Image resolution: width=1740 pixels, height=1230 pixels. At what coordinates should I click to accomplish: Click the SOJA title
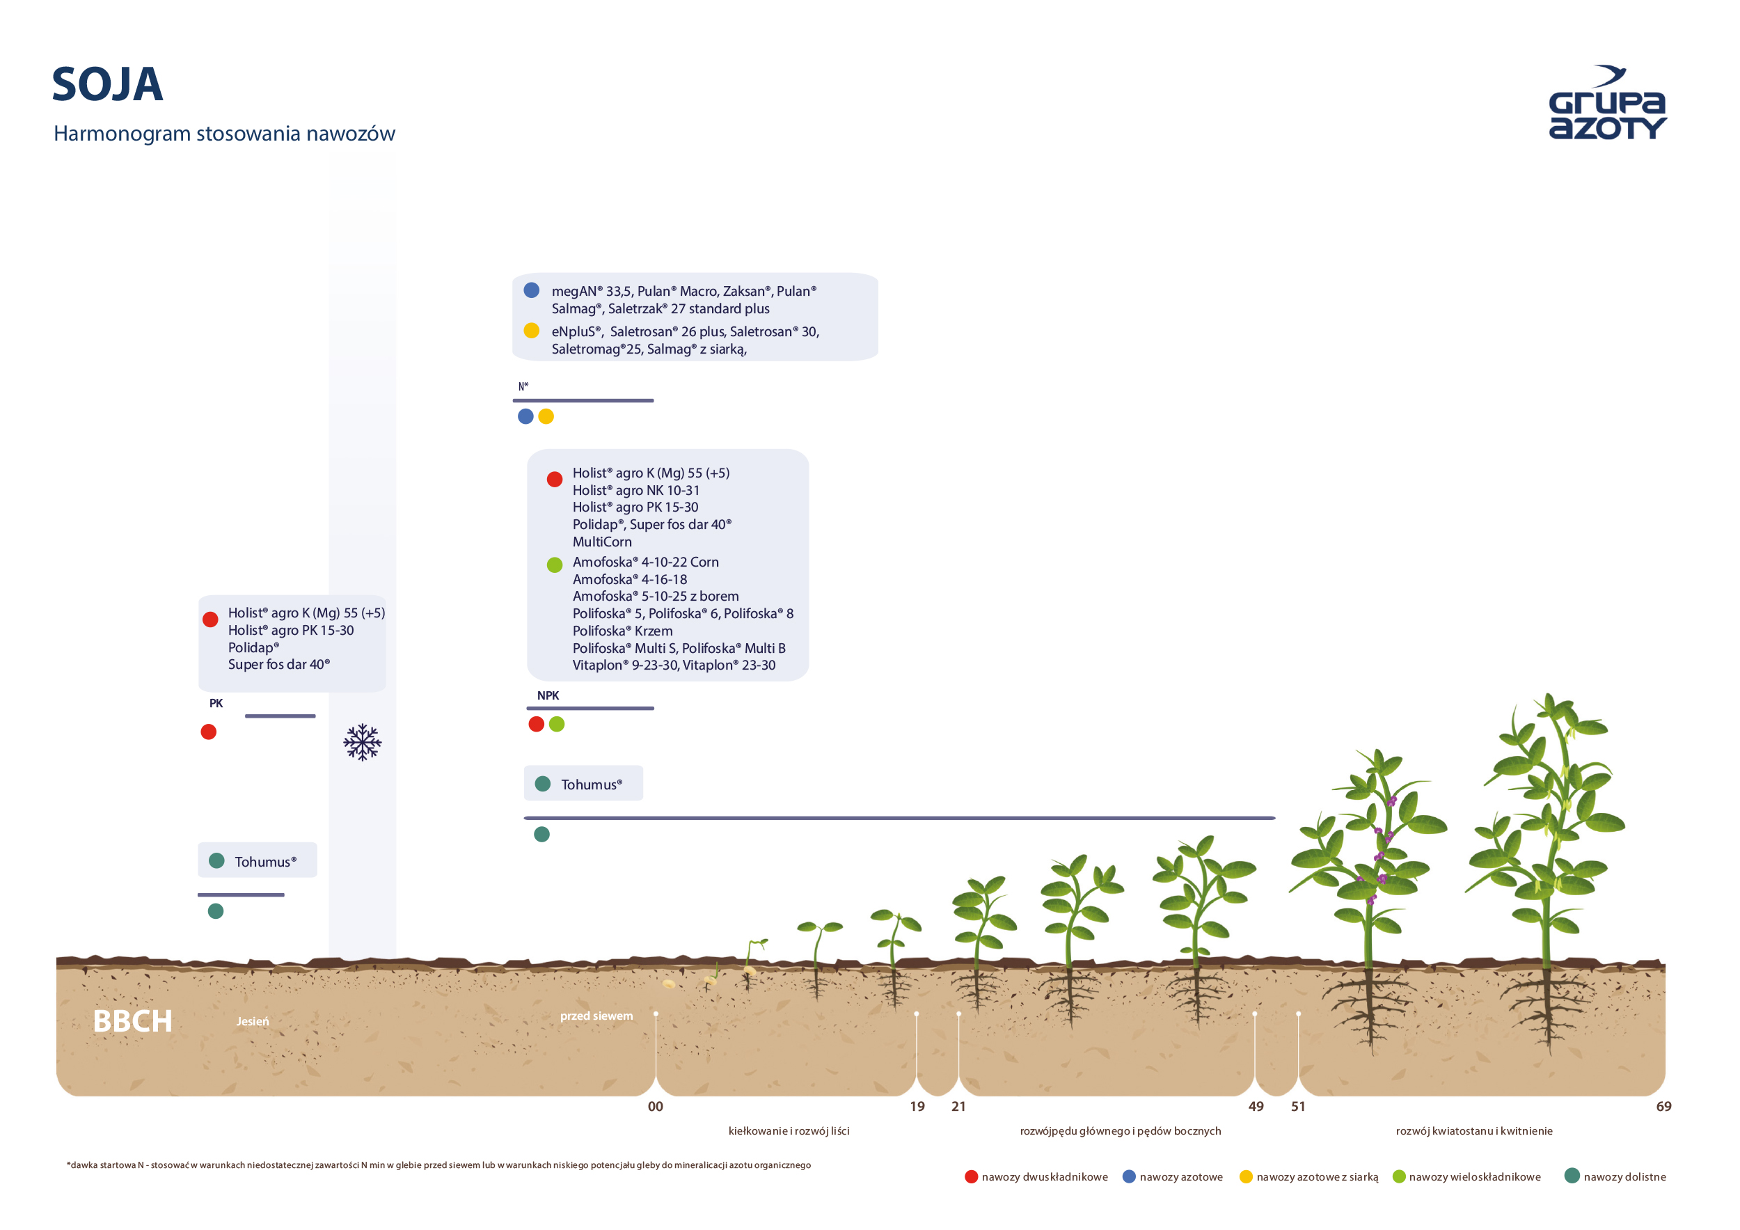[x=108, y=84]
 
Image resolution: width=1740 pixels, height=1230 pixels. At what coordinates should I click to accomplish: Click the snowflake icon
[x=362, y=742]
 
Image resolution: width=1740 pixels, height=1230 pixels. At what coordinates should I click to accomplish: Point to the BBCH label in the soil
[x=133, y=1021]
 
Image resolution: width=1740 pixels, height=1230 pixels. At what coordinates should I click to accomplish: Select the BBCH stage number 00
[x=656, y=1107]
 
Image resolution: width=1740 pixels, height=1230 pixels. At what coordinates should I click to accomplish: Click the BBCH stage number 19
[x=917, y=1107]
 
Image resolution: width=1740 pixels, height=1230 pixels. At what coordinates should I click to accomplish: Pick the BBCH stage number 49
[x=1256, y=1107]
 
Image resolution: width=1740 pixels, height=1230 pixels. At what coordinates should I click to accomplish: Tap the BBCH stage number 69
[x=1663, y=1107]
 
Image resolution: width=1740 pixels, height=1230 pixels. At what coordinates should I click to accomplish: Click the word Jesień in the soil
[x=253, y=1022]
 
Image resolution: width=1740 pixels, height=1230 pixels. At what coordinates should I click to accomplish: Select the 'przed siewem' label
[x=596, y=1016]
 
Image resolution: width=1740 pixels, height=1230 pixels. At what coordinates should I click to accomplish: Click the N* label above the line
[x=523, y=386]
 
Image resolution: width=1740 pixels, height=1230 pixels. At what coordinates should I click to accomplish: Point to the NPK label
[x=548, y=695]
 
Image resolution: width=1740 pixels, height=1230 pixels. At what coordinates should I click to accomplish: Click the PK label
[x=216, y=703]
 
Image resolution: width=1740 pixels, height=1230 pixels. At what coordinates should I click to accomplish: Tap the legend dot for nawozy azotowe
[x=1129, y=1176]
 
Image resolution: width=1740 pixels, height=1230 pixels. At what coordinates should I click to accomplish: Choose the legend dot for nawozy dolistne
[x=1572, y=1176]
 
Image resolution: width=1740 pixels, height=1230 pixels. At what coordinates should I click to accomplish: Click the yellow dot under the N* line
[x=546, y=416]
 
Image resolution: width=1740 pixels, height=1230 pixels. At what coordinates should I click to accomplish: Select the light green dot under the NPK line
[x=557, y=724]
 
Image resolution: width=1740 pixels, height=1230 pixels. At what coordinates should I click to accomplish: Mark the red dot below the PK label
[x=208, y=732]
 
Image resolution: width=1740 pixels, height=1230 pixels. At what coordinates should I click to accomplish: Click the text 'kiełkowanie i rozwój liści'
[x=789, y=1130]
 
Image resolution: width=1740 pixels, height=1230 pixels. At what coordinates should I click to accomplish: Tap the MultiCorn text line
[x=603, y=542]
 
